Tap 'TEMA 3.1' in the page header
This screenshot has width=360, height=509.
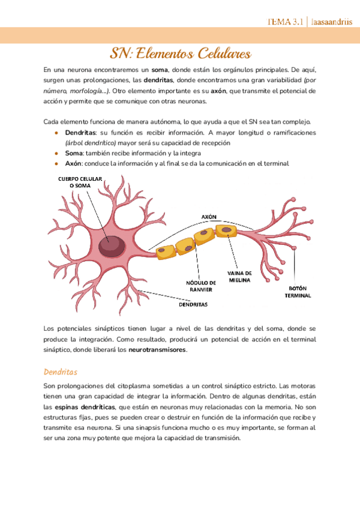pos(285,22)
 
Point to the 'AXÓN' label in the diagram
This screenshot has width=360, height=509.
pos(208,217)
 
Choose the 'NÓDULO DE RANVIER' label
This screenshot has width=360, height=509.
pos(202,286)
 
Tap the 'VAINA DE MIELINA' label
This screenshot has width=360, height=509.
pos(240,277)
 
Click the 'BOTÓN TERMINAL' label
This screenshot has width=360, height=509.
pos(298,292)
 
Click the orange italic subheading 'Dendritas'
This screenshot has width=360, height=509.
pos(61,372)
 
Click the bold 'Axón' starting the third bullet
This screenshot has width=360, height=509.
pos(73,163)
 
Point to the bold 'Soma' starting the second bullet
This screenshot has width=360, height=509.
pos(74,153)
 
